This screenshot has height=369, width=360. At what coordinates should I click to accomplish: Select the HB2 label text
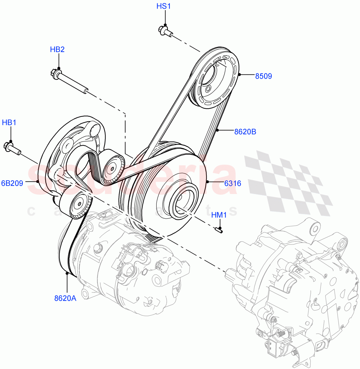tap(57, 49)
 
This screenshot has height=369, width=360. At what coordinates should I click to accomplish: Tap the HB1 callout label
tap(9, 123)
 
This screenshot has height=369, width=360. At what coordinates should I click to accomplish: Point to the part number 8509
tap(263, 76)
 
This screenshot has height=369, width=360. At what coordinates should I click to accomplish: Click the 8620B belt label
tap(245, 132)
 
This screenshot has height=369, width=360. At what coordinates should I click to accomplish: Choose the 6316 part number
tap(232, 184)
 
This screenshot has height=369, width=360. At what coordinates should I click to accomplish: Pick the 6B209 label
tap(12, 184)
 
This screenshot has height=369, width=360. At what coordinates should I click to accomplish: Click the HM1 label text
tap(219, 215)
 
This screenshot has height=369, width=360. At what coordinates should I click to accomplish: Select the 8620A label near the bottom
tap(65, 298)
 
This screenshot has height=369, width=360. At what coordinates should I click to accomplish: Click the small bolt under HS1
tap(165, 31)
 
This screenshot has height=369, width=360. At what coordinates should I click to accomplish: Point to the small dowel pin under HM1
tap(219, 229)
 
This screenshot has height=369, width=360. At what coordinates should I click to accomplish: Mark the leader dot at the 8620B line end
tap(217, 130)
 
